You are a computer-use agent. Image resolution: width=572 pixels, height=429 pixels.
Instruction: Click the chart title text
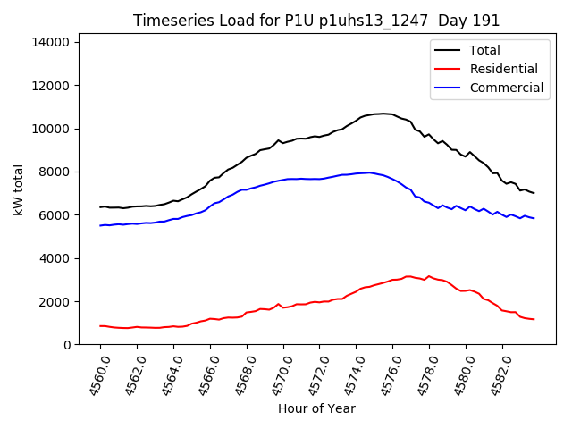click(x=316, y=21)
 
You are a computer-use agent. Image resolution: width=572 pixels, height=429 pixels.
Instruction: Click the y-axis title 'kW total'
click(x=19, y=189)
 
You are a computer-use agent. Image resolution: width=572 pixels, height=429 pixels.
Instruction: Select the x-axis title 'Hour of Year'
click(x=316, y=408)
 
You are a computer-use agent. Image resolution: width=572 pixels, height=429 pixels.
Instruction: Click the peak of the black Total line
click(x=383, y=114)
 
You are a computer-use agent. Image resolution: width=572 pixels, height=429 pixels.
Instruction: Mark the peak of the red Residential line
click(x=408, y=276)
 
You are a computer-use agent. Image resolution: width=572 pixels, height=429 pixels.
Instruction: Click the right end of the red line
click(x=534, y=319)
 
